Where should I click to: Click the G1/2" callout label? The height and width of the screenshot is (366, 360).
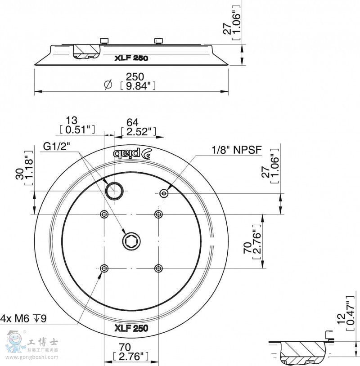(x=56, y=147)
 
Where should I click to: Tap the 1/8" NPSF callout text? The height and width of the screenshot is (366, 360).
(x=236, y=150)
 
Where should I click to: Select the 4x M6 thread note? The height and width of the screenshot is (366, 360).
(x=23, y=318)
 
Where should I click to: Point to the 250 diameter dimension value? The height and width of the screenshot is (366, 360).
(x=135, y=77)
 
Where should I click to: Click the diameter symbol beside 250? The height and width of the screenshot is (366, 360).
(x=108, y=84)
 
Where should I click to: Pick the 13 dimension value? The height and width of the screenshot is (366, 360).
(x=71, y=121)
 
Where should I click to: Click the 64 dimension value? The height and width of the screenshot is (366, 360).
(x=132, y=122)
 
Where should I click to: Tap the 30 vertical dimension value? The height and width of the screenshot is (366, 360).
(x=20, y=174)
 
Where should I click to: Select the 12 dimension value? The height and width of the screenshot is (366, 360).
(x=341, y=319)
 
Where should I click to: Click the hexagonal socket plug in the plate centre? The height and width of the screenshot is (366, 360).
(x=131, y=241)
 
